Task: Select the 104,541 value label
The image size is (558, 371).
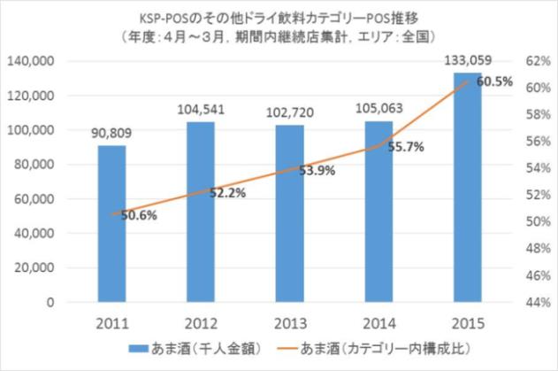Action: point(201,111)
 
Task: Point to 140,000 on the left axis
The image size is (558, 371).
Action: point(31,61)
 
